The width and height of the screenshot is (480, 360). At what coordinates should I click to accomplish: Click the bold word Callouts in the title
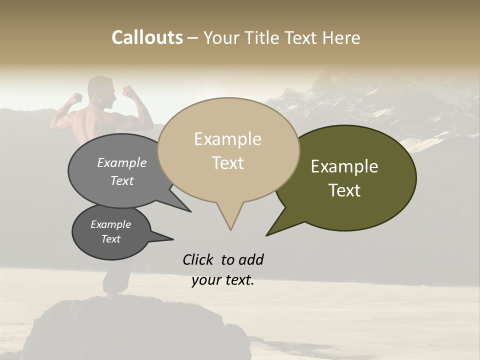(147, 37)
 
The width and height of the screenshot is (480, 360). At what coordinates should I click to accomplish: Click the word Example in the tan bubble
(227, 139)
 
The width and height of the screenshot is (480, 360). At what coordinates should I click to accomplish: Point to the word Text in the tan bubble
(227, 163)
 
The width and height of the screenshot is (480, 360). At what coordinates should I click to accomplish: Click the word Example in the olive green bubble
(344, 166)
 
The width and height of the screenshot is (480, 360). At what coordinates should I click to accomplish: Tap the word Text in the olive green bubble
(344, 190)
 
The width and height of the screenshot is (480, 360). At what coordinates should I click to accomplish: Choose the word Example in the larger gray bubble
(122, 163)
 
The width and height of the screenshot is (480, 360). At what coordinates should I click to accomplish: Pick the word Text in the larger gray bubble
(122, 180)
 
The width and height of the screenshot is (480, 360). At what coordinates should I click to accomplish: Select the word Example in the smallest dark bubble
(111, 224)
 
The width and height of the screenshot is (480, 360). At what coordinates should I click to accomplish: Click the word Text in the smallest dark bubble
(111, 239)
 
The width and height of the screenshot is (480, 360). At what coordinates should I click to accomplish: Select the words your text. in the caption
(223, 280)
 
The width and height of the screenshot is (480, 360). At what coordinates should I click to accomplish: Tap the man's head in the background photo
(101, 90)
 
